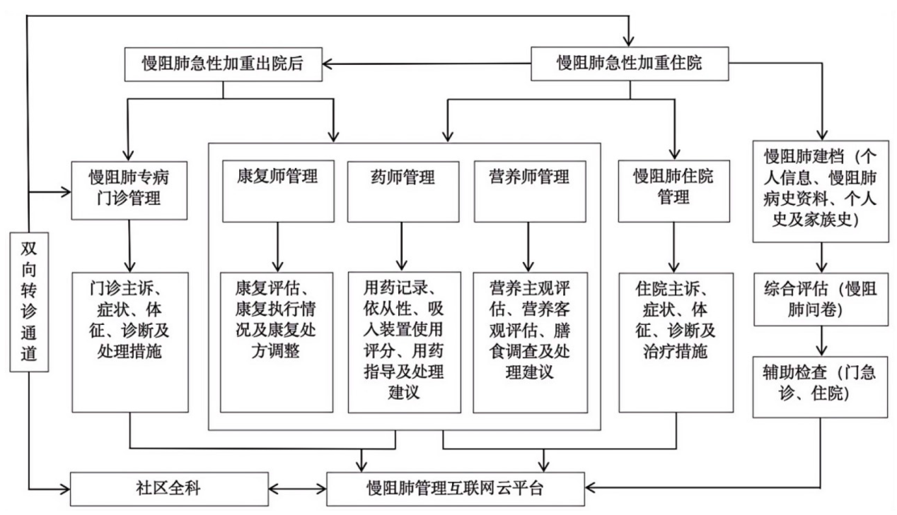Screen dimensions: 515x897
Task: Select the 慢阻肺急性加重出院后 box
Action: [224, 64]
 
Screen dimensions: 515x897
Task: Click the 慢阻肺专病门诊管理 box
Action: [130, 188]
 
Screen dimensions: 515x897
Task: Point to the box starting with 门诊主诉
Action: [130, 342]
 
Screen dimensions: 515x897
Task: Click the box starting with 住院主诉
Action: [675, 342]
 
